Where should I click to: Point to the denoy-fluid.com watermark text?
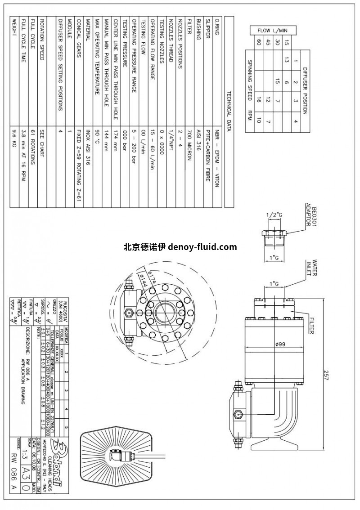180,247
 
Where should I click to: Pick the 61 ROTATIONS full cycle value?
33,145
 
